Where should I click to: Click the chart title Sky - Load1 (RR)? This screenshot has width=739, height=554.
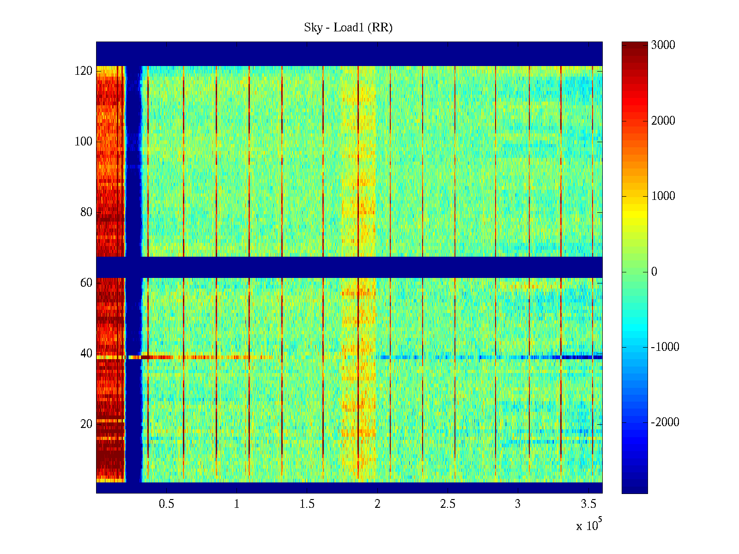(348, 28)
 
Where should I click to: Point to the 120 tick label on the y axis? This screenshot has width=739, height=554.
(84, 71)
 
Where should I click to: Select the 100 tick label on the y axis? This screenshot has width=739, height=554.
(84, 142)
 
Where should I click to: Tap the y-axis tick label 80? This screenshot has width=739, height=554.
(86, 212)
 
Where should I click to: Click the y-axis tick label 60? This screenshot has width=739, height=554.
(86, 283)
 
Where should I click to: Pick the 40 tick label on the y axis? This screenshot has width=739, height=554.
(86, 354)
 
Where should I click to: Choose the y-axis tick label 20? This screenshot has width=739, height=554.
(86, 424)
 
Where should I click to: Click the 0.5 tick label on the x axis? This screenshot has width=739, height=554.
(167, 504)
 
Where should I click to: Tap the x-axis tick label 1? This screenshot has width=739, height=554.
(237, 504)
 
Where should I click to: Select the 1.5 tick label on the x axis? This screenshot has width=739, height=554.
(307, 504)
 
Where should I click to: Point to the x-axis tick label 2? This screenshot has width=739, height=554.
(377, 504)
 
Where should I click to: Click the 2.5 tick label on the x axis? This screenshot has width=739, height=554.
(448, 504)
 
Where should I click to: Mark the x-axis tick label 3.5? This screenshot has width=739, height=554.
(588, 504)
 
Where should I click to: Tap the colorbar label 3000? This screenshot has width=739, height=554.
(663, 45)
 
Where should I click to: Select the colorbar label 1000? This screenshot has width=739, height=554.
(663, 196)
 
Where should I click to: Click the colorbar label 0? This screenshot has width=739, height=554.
(654, 272)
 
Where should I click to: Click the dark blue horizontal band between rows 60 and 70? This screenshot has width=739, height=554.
(349, 267)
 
